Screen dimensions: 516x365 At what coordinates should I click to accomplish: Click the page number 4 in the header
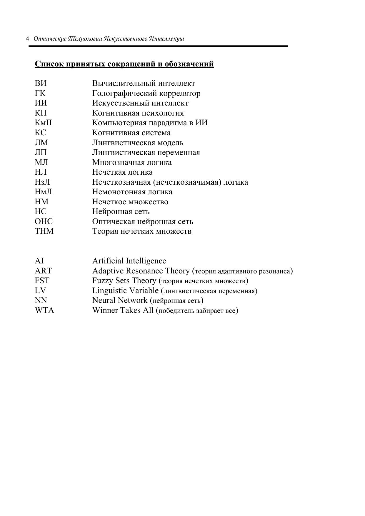[x=27, y=39]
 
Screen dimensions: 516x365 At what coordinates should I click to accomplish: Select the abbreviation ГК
[x=40, y=93]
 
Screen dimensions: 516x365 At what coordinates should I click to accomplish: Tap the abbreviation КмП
[x=43, y=123]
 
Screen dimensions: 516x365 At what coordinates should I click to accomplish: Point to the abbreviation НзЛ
[x=42, y=182]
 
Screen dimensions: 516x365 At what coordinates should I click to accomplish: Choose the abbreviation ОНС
[x=44, y=221]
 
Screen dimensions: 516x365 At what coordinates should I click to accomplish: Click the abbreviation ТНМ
[x=44, y=231]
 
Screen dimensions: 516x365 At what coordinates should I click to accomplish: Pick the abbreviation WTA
[x=44, y=310]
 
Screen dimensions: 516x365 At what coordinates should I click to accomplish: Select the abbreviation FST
[x=42, y=280]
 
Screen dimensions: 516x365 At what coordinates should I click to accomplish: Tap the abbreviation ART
[x=43, y=271]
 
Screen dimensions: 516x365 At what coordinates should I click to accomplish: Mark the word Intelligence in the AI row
[x=146, y=261]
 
